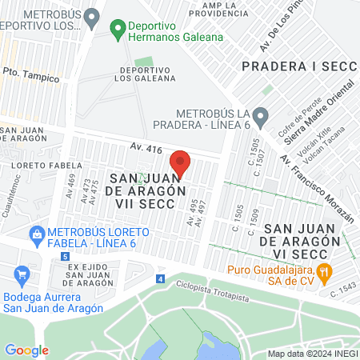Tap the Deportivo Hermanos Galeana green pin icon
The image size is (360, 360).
(118, 32)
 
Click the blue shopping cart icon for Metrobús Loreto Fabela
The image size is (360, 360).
(36, 235)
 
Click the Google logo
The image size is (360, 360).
(26, 350)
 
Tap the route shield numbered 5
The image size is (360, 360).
(64, 256)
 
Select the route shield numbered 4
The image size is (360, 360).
(160, 279)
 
